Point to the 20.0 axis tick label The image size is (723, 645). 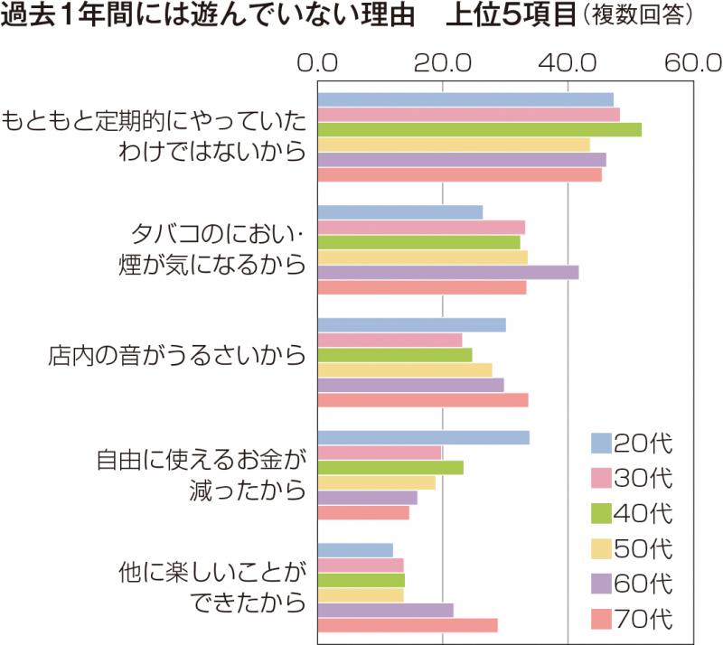(x=442, y=64)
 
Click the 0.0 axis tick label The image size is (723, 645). (x=318, y=64)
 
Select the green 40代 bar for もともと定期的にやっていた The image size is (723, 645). (x=480, y=129)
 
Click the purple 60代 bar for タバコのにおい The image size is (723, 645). (x=448, y=272)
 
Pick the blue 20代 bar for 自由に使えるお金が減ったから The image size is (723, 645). (x=424, y=438)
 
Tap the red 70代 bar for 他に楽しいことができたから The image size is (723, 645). (x=408, y=625)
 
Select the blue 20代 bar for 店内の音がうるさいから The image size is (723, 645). (x=412, y=325)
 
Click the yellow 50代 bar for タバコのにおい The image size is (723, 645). (x=423, y=257)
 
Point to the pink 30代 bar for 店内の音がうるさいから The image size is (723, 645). (x=390, y=340)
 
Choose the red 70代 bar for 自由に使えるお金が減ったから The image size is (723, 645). (x=363, y=513)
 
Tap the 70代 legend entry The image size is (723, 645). (x=633, y=620)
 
